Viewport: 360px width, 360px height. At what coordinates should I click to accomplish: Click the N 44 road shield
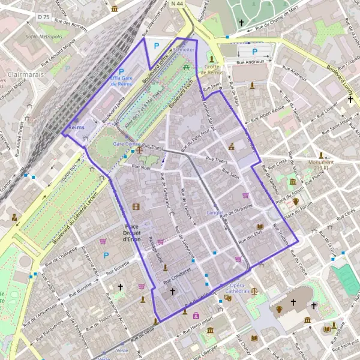pos(176,4)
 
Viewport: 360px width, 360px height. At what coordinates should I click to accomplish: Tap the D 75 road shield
pos(43,17)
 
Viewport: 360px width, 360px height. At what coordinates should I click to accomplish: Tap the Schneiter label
pos(184,50)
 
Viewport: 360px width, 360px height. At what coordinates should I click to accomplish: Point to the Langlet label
pos(215,212)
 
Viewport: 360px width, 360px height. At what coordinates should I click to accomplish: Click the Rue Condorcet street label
pos(176,270)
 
